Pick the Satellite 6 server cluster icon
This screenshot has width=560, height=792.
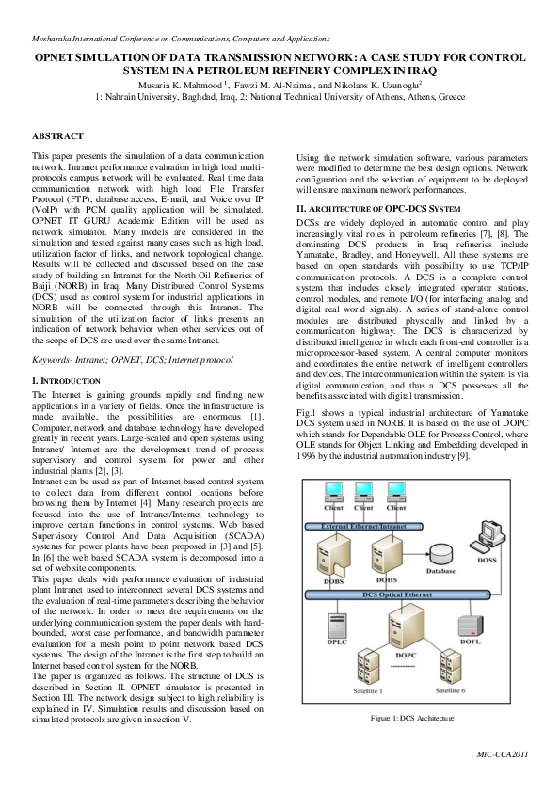click(456, 664)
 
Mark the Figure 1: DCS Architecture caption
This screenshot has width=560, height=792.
click(413, 718)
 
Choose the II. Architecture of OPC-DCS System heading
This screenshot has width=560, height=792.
click(378, 207)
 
